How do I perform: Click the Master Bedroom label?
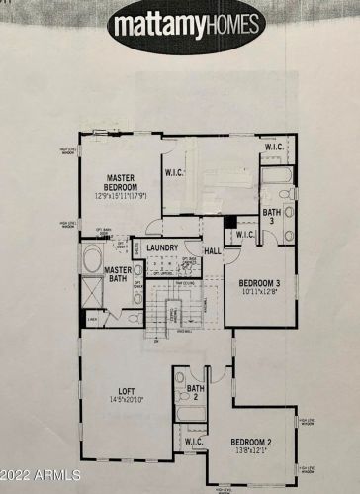pyautogui.click(x=128, y=184)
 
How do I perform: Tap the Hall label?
pyautogui.click(x=213, y=251)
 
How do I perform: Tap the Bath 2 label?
pyautogui.click(x=196, y=393)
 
